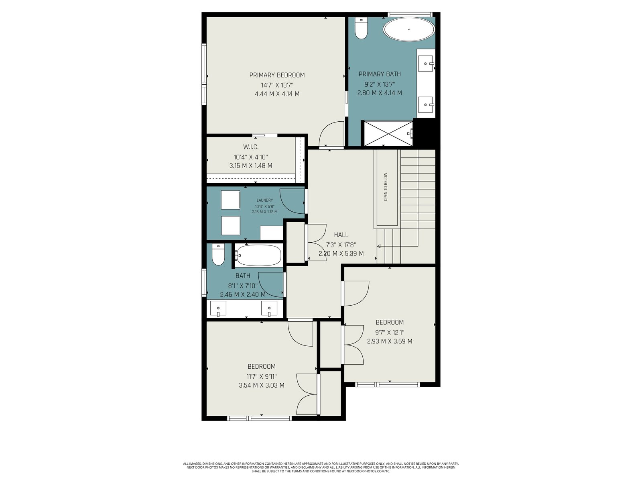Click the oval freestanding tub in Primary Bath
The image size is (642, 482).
(x=409, y=29)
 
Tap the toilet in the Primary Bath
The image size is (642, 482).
(x=361, y=28)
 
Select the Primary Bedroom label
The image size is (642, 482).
(x=277, y=75)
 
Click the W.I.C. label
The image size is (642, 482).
(x=251, y=147)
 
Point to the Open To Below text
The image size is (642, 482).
(x=386, y=187)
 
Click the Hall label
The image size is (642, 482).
(x=341, y=235)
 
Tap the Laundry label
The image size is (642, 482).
(x=265, y=200)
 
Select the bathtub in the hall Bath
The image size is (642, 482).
(x=258, y=255)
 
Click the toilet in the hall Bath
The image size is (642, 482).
(x=218, y=254)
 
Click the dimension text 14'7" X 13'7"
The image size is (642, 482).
(x=277, y=85)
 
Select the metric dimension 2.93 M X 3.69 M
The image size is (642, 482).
(x=390, y=341)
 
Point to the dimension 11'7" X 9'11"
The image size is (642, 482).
(x=262, y=376)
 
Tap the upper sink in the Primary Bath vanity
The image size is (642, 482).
(x=426, y=63)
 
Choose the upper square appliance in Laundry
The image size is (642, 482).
(x=230, y=200)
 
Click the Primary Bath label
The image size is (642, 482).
(x=380, y=74)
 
